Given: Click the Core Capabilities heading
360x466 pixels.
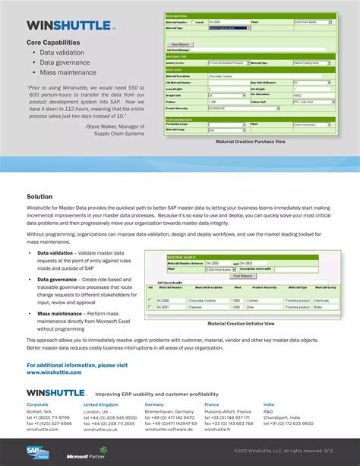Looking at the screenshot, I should [53, 43].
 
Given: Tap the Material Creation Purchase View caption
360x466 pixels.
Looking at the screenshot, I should [250, 141].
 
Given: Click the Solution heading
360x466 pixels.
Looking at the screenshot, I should [39, 196].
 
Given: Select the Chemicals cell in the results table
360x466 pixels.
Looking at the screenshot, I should [322, 300].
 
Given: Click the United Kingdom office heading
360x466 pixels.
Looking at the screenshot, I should [101, 404].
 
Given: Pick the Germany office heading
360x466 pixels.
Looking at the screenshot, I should [154, 404].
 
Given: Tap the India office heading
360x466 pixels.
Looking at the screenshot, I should [269, 404].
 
